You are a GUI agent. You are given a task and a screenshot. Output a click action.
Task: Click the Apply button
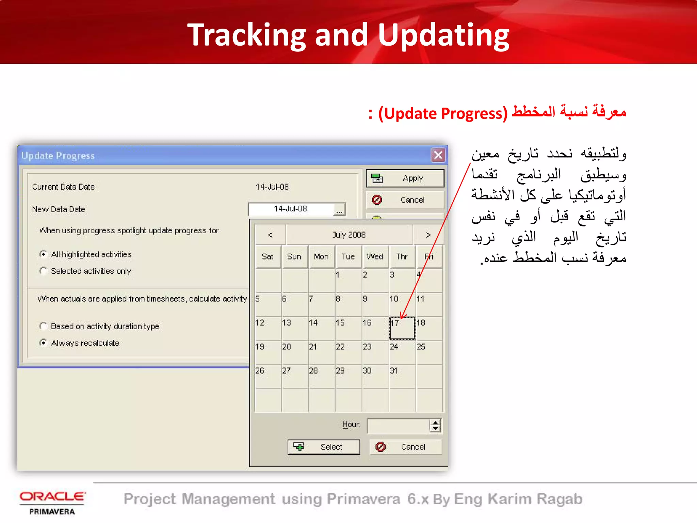405,178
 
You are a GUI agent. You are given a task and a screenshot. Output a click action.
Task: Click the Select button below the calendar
324,447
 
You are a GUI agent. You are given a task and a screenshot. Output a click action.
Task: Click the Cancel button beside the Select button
406,447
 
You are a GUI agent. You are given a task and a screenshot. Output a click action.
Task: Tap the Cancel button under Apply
405,200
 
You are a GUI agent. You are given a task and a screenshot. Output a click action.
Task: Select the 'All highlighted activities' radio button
43,254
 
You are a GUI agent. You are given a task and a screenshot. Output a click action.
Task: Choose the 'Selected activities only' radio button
43,271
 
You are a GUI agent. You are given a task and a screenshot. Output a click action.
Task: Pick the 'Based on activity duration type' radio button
43,326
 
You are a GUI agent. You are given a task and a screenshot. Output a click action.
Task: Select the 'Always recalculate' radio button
43,343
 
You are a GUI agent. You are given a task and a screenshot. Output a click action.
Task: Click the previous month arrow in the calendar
270,235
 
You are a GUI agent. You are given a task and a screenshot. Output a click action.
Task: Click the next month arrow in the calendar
428,235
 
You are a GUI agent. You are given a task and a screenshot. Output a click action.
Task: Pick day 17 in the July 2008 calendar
402,328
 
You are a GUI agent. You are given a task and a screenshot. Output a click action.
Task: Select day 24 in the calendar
402,352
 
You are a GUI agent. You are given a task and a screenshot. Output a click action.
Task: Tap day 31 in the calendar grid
402,376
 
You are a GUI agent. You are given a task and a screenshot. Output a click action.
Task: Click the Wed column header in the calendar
375,257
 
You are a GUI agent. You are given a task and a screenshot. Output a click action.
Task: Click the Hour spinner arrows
435,426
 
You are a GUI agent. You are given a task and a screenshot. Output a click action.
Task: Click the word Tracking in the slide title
247,35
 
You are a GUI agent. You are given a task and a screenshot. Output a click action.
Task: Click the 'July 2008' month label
349,235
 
